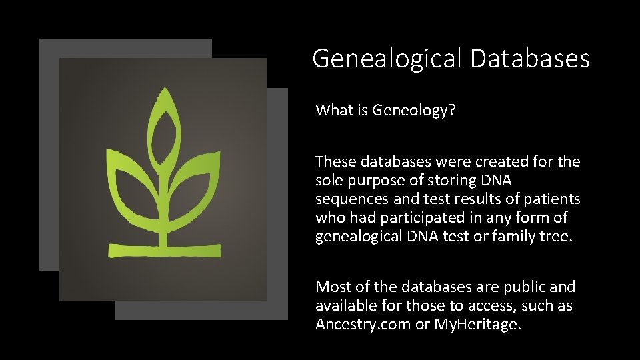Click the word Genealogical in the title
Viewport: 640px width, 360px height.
click(x=387, y=59)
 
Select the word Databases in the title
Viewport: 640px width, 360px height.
click(x=529, y=58)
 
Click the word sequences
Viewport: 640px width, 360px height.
click(x=348, y=199)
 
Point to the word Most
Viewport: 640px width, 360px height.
click(x=331, y=287)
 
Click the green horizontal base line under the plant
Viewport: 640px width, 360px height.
click(x=163, y=250)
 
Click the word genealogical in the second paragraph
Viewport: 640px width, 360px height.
click(x=358, y=236)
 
